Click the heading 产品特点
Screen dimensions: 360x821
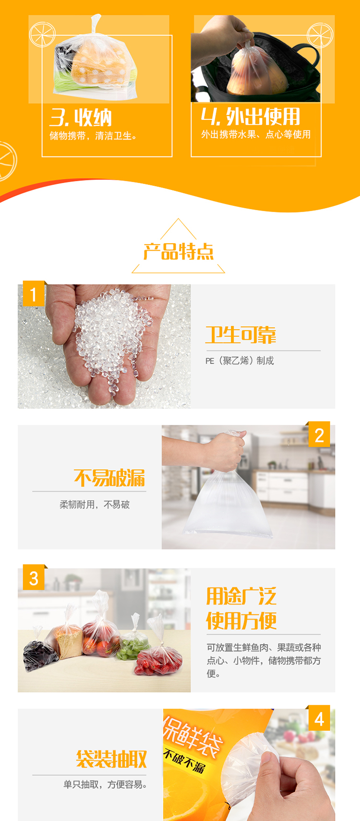tap(178, 251)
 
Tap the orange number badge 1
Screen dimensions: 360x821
tap(34, 294)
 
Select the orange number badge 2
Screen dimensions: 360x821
tap(319, 435)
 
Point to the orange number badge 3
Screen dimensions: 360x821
tap(34, 578)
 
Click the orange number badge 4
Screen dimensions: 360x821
tap(319, 718)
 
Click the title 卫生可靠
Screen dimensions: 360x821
tap(240, 335)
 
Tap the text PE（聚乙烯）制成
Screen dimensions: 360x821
tap(240, 361)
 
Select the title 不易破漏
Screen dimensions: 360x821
tap(109, 478)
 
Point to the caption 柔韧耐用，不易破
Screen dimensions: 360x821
tap(95, 505)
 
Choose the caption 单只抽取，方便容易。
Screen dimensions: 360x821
tap(106, 785)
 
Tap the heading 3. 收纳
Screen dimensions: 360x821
tap(81, 118)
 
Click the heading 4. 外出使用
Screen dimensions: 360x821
tap(251, 117)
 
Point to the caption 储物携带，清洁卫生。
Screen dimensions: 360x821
tap(94, 136)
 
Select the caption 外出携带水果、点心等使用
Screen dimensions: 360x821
tap(256, 134)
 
